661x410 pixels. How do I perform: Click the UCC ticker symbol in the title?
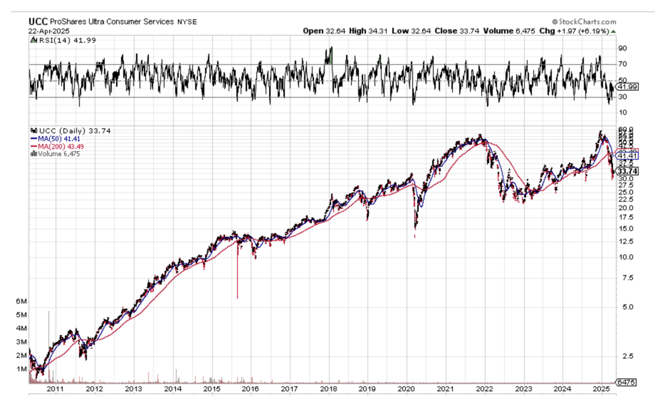[38, 21]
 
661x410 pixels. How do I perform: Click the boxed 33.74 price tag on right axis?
[628, 171]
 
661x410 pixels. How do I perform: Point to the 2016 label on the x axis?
[250, 389]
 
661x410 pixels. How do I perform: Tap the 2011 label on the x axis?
[55, 389]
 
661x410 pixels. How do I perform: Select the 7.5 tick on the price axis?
[626, 277]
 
